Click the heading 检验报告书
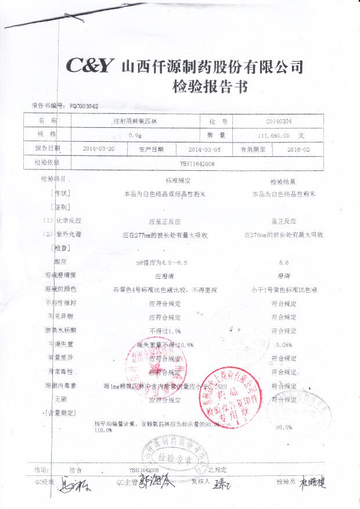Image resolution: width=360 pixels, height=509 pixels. [210, 87]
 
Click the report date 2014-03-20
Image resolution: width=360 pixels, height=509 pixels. [99, 149]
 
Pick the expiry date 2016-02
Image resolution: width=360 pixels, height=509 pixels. [299, 149]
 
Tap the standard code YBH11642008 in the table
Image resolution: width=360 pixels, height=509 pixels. [197, 163]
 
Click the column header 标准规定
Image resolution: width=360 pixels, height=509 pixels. [178, 181]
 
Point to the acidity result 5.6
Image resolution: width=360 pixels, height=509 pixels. [284, 263]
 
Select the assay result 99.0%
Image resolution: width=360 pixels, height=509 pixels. [284, 427]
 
